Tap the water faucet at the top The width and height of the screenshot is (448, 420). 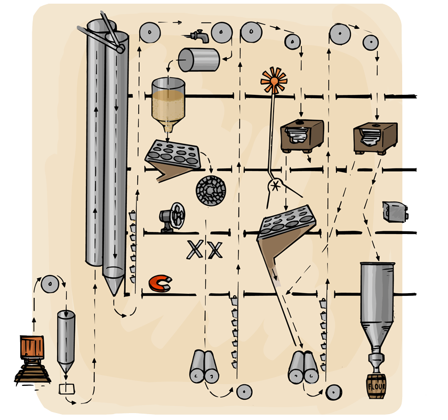click(x=199, y=35)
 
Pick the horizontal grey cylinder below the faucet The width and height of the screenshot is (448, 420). click(x=198, y=60)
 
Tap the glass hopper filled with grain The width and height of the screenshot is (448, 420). click(x=169, y=104)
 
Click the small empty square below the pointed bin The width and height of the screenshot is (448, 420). click(x=67, y=388)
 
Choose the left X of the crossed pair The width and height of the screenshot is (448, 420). click(x=195, y=249)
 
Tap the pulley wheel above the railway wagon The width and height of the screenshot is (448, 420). click(x=49, y=285)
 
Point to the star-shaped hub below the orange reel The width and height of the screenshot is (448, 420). click(x=276, y=186)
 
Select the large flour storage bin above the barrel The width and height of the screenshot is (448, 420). click(x=377, y=298)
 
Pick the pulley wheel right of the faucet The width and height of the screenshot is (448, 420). click(x=221, y=33)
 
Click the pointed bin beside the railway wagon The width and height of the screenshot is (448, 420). click(x=66, y=341)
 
